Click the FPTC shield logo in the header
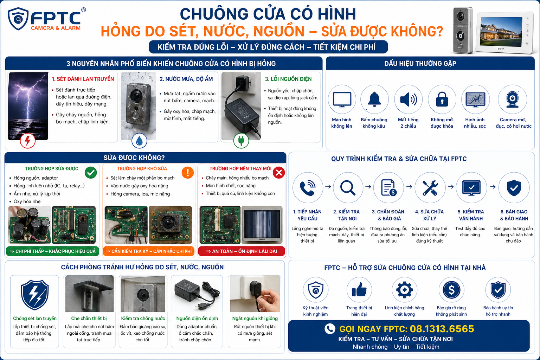click(x=18, y=19)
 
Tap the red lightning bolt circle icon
click(x=28, y=141)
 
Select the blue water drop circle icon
click(x=139, y=141)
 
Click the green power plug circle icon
click(x=241, y=141)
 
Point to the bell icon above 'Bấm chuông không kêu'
click(x=374, y=99)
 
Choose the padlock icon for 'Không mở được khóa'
click(x=442, y=99)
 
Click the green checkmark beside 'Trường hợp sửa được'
click(x=91, y=172)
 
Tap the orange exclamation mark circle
click(x=187, y=172)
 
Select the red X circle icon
click(x=279, y=172)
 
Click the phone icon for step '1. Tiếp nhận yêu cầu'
click(x=308, y=188)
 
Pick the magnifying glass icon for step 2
click(x=348, y=188)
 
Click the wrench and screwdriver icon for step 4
click(x=430, y=188)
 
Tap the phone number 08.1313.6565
click(x=442, y=329)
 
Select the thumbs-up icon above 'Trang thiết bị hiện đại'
click(x=359, y=290)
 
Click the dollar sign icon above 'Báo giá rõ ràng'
click(x=451, y=290)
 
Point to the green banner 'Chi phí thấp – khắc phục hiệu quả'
click(x=52, y=251)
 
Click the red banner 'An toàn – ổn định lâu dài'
click(x=242, y=251)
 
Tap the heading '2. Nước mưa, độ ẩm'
click(x=186, y=79)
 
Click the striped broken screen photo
click(x=262, y=225)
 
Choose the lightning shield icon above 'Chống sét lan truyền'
click(x=35, y=295)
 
